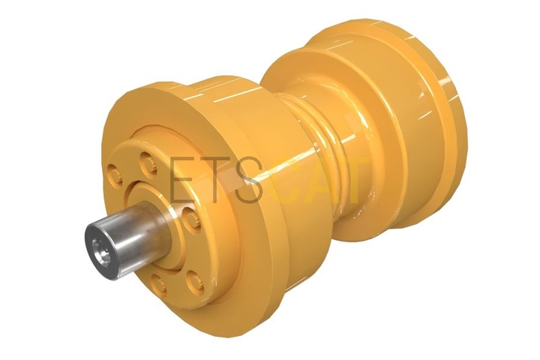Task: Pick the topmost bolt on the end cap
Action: tap(148, 163)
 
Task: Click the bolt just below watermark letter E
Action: tap(191, 220)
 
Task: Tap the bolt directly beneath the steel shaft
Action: tap(158, 286)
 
